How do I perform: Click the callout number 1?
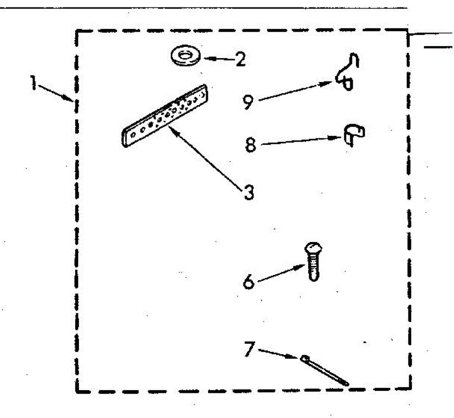(x=33, y=83)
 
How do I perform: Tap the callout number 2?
(x=240, y=59)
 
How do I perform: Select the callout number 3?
(x=249, y=192)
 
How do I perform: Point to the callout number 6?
(x=249, y=282)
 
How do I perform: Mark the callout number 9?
(x=248, y=102)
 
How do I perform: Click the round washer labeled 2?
(x=186, y=56)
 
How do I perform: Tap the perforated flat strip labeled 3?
(x=165, y=116)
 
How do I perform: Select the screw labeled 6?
(x=314, y=261)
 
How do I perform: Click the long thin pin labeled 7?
(x=325, y=370)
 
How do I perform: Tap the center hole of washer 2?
(x=186, y=55)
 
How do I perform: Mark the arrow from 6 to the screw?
(x=281, y=273)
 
